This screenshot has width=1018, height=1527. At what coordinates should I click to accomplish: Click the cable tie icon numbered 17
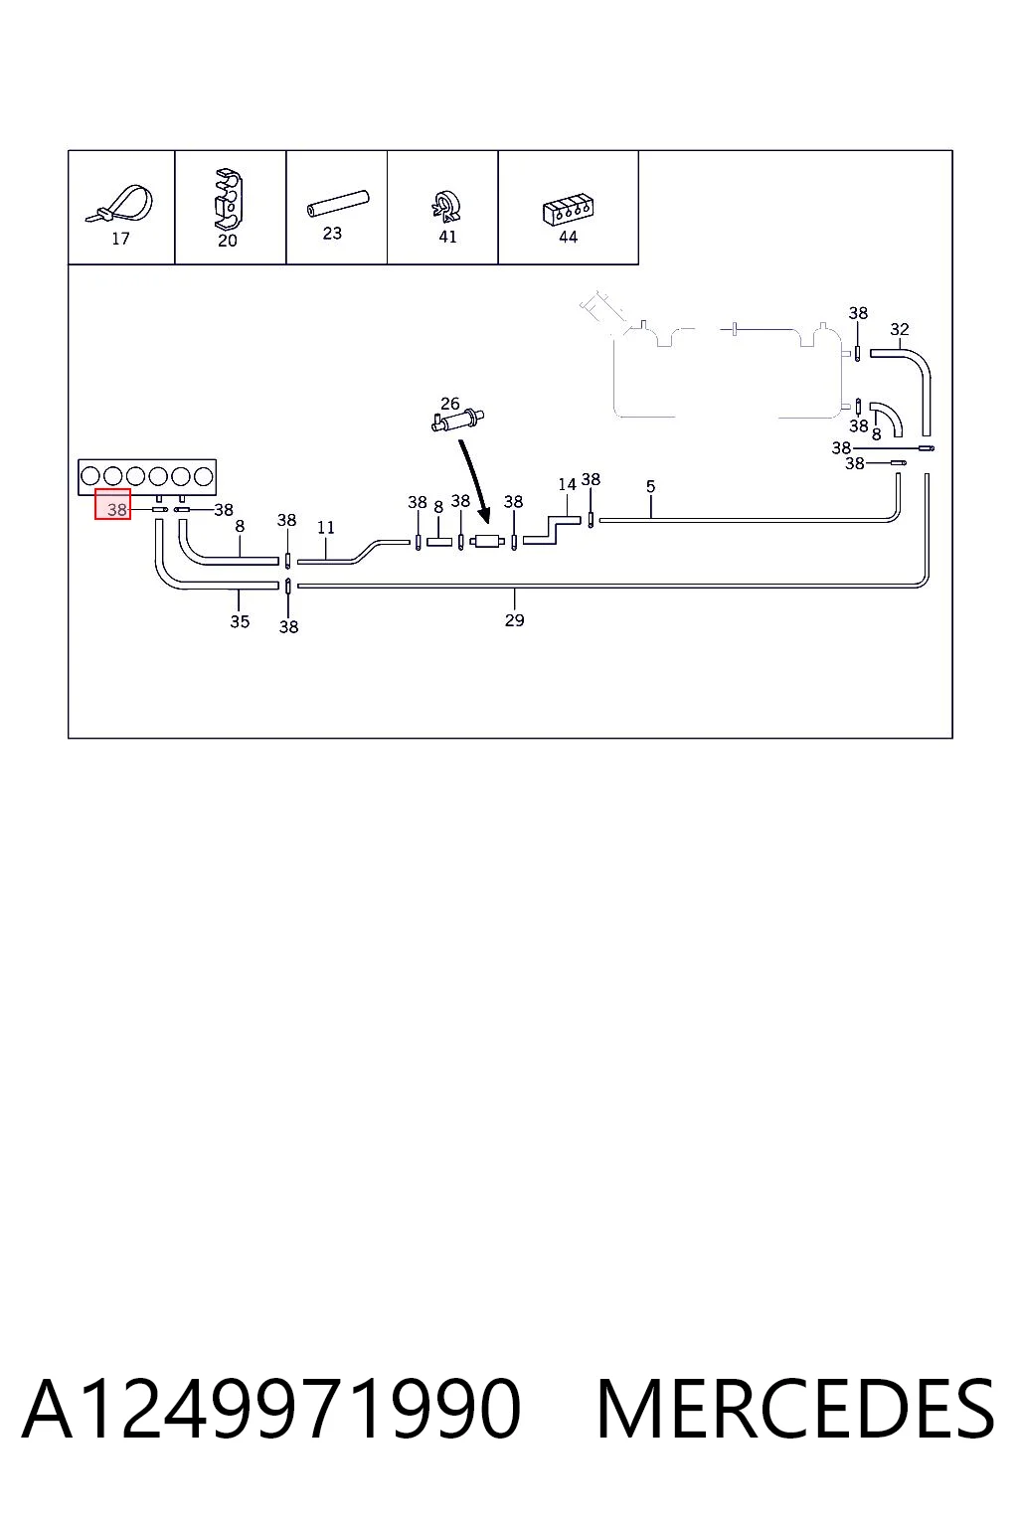coord(120,204)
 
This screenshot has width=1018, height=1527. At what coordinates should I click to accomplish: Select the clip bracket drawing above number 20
coord(229,199)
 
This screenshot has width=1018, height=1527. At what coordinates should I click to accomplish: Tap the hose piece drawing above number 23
coord(338,203)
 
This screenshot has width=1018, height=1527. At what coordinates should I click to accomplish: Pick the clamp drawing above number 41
coord(446,206)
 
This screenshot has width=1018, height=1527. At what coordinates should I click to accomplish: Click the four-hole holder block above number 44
coord(568,211)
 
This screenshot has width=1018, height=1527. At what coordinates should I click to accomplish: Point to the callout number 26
coord(450,404)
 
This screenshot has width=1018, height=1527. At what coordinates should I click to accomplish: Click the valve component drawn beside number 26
coord(457,421)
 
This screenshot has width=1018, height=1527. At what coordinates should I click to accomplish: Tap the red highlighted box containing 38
coord(112,504)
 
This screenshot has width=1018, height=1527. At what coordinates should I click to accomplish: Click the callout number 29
coord(515,620)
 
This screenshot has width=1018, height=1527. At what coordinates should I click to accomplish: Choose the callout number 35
coord(240,621)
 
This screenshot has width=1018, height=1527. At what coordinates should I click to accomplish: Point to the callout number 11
coord(326,528)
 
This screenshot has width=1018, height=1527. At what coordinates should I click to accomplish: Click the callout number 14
coord(567,485)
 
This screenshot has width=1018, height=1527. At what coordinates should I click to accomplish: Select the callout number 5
coord(650,487)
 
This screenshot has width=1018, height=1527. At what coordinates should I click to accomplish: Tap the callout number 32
coord(900,329)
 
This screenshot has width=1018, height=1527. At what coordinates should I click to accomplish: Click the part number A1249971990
coord(271,1409)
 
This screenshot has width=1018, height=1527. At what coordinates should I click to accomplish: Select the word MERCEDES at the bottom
coord(795,1409)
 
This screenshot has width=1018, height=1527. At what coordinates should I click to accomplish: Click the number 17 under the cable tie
coord(120,239)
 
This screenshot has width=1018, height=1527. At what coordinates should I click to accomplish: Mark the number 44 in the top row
coord(568,237)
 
